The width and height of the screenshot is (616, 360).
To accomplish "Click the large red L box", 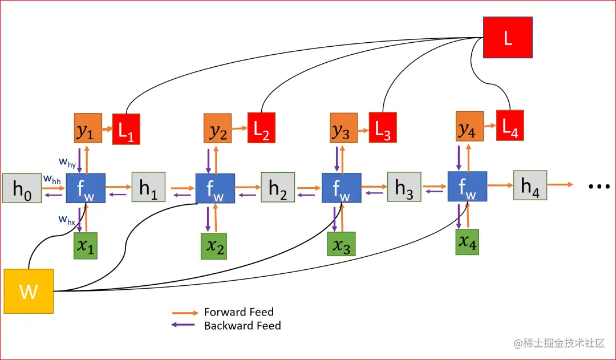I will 508,38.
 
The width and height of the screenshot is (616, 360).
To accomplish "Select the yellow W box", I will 29,291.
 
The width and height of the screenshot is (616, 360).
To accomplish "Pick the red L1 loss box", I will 126,128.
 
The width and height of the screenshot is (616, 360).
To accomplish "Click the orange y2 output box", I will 217,128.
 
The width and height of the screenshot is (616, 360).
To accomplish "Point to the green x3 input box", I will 341,244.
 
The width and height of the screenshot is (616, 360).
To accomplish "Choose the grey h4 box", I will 530,185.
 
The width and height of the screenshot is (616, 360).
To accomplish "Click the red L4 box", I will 509,126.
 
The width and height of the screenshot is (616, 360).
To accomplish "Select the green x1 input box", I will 86,246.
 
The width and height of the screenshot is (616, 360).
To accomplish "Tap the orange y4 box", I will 469,127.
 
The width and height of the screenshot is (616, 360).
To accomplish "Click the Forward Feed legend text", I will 238,312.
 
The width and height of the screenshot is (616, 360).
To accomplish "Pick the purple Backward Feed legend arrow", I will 185,326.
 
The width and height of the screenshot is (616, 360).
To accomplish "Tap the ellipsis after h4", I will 599,186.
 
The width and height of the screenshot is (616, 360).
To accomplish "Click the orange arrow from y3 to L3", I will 360,127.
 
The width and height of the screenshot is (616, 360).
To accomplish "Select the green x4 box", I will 468,241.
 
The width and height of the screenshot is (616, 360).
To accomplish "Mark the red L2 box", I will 261,127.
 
